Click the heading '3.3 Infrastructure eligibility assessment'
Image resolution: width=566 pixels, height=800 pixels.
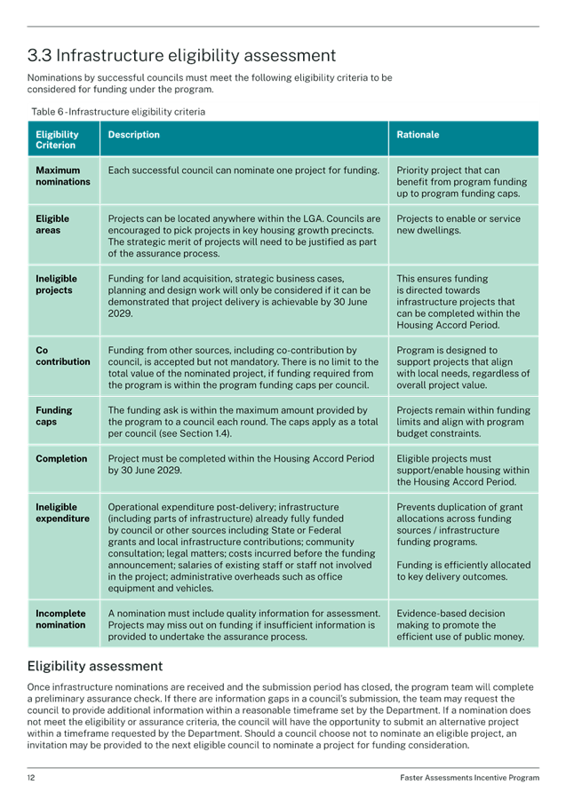click(x=182, y=56)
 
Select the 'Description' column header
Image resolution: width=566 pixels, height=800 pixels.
click(x=133, y=135)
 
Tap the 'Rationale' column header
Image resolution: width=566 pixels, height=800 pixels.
click(x=418, y=135)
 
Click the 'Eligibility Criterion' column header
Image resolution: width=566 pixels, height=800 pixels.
click(x=57, y=140)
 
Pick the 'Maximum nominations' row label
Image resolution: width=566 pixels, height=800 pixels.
click(x=62, y=176)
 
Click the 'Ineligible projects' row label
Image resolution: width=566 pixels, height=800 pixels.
click(x=55, y=284)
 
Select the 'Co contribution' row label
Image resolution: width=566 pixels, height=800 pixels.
click(x=62, y=356)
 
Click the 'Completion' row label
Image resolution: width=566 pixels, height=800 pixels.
click(x=61, y=459)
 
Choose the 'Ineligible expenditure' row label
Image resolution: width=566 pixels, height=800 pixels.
click(x=62, y=513)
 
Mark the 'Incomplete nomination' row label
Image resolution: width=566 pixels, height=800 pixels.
click(x=60, y=619)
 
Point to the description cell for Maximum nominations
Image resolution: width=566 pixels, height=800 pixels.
click(x=243, y=170)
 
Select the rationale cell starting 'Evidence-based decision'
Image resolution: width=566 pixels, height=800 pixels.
click(x=460, y=625)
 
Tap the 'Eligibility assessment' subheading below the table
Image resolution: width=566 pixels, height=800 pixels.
click(x=94, y=666)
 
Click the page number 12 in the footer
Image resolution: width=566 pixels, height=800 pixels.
click(x=31, y=778)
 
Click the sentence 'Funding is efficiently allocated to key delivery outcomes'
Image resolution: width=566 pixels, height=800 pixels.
click(x=463, y=571)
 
